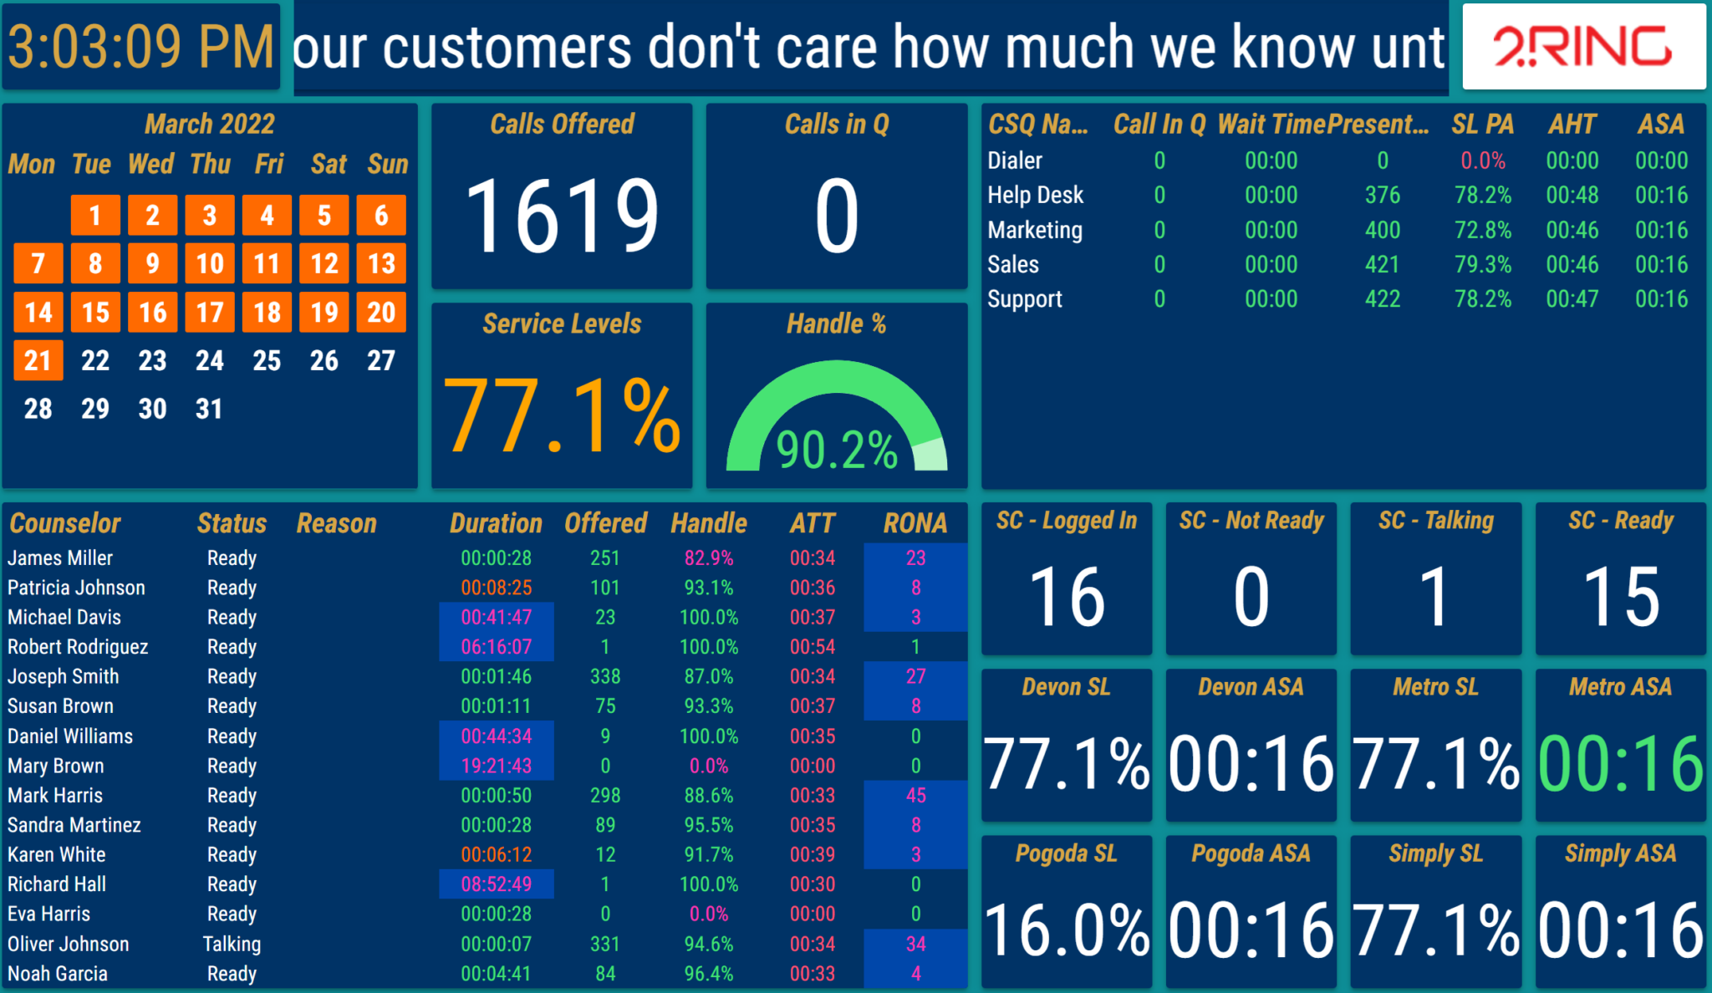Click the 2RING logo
pos(1582,47)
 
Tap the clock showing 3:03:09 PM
pos(140,47)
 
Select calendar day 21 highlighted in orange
pos(38,360)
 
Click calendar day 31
pos(209,409)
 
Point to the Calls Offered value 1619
pos(562,216)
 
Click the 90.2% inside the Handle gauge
pos(837,451)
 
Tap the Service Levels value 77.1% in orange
pos(562,416)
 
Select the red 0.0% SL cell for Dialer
pos(1482,160)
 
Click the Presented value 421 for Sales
pos(1382,264)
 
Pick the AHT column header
pos(1572,125)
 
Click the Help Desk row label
pos(1035,195)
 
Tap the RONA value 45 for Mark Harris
pos(915,795)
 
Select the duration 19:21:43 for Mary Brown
pos(496,766)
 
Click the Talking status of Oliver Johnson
pos(232,944)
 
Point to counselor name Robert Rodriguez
pos(78,647)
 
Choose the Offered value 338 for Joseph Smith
pos(605,676)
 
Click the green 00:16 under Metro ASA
pos(1620,764)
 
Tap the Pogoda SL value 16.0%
pos(1067,930)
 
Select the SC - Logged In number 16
pos(1067,597)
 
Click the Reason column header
pos(336,523)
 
